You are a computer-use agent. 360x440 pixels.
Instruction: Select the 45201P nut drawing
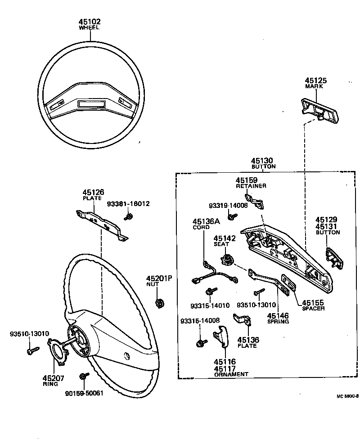pos(159,303)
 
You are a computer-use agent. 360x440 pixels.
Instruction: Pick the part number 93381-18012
pos(128,204)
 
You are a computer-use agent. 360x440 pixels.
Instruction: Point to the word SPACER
pos(313,309)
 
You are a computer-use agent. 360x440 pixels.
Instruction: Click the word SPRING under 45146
pos(278,322)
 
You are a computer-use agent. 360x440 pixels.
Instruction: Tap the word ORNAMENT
pos(231,374)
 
